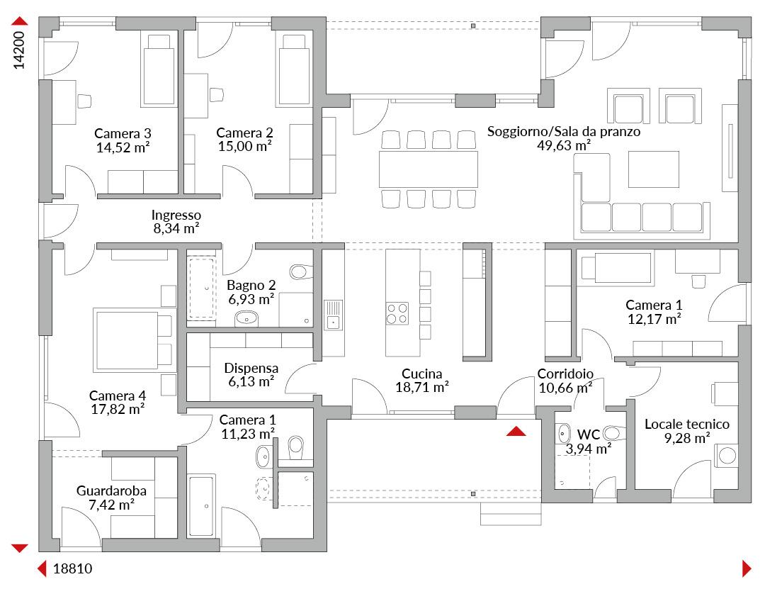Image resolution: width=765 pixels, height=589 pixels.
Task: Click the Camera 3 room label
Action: click(x=123, y=133)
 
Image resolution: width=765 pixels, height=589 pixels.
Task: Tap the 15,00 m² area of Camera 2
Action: click(x=244, y=147)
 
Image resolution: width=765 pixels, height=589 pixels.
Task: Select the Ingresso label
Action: click(x=176, y=215)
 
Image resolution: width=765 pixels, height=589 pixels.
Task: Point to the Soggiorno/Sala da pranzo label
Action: click(x=564, y=131)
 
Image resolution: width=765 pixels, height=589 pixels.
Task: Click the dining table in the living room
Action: click(x=428, y=169)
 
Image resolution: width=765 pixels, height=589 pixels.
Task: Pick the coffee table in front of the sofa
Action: click(x=653, y=169)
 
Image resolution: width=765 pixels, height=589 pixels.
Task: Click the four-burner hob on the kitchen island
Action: click(x=397, y=313)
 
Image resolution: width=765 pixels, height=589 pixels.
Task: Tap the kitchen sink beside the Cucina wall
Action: click(x=333, y=315)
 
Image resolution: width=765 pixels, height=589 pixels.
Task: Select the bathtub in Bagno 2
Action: click(x=201, y=288)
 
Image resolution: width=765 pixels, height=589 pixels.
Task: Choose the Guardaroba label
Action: click(x=111, y=490)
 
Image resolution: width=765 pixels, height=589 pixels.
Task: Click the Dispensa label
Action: click(x=251, y=368)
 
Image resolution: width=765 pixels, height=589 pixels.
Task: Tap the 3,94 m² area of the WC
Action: click(x=588, y=449)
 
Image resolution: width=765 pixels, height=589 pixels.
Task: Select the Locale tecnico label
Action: click(x=687, y=424)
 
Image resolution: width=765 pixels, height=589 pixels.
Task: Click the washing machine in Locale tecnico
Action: click(x=727, y=456)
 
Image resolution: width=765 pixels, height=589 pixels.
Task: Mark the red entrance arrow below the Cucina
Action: click(x=516, y=431)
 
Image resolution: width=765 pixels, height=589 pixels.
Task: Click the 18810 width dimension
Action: click(x=72, y=568)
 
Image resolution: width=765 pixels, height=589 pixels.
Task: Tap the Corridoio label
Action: click(x=565, y=374)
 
